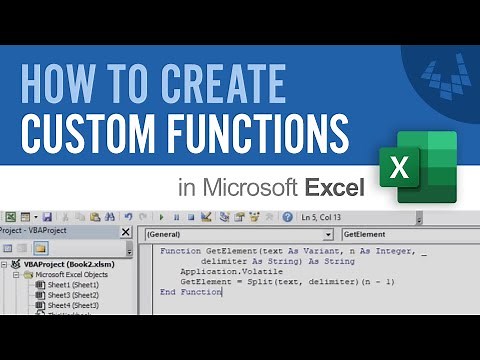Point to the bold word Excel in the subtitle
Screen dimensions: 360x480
[335, 187]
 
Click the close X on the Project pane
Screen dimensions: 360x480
[126, 232]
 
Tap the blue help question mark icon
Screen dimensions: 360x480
[287, 216]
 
